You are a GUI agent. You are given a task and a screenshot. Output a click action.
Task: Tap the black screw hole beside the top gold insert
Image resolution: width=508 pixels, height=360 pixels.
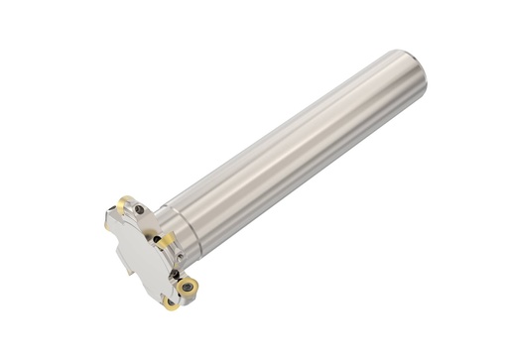click(140, 209)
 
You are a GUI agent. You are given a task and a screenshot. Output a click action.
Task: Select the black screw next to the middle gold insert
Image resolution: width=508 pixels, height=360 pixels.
click(155, 238)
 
